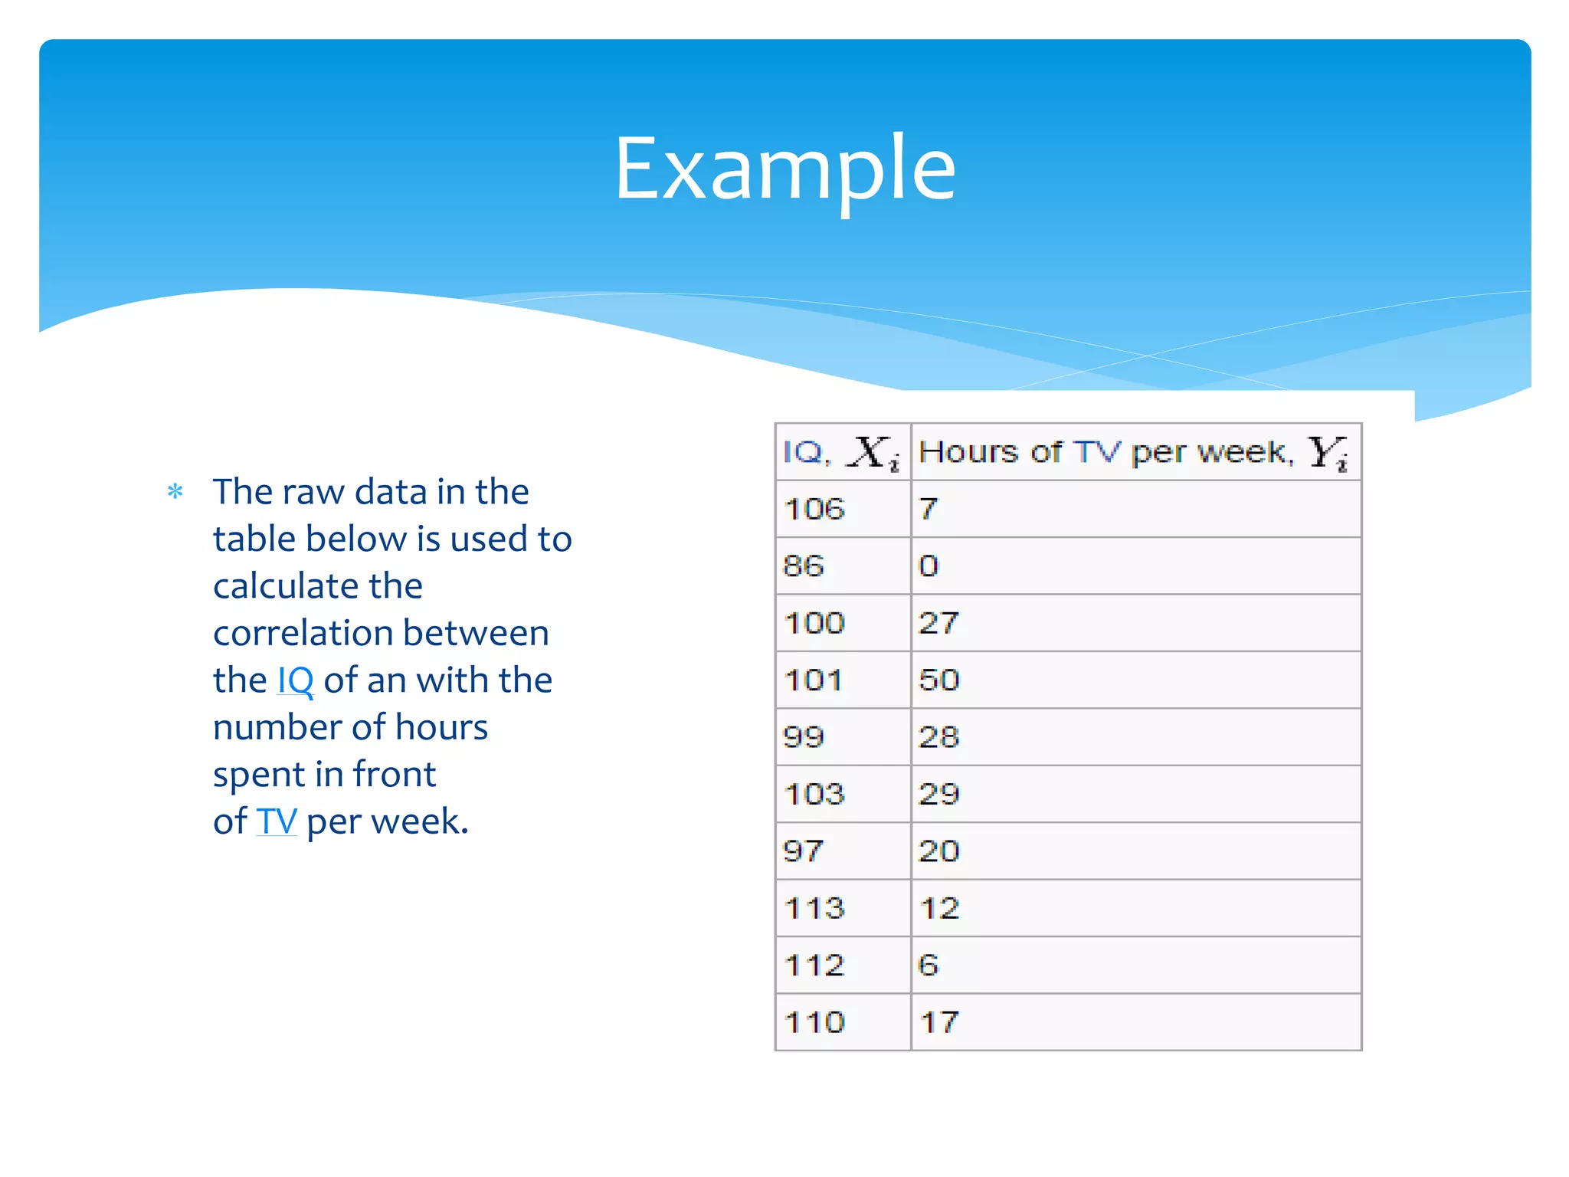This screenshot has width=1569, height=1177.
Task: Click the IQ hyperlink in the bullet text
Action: pos(295,680)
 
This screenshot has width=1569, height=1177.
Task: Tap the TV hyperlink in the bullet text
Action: pos(277,821)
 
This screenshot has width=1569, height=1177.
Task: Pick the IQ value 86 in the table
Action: pos(803,566)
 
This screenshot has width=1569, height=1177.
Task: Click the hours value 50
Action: pos(939,680)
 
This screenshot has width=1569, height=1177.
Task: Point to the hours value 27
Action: pos(939,623)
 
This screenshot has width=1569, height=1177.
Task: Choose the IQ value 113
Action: pos(814,909)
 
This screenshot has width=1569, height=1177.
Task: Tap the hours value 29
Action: pos(939,795)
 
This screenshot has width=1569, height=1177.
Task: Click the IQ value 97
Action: pos(803,851)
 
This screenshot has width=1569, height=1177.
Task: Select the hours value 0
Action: pos(929,566)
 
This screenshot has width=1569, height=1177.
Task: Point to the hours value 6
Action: pos(929,966)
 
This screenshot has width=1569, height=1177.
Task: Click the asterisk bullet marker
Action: pos(175,492)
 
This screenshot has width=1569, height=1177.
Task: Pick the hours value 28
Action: pos(939,737)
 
